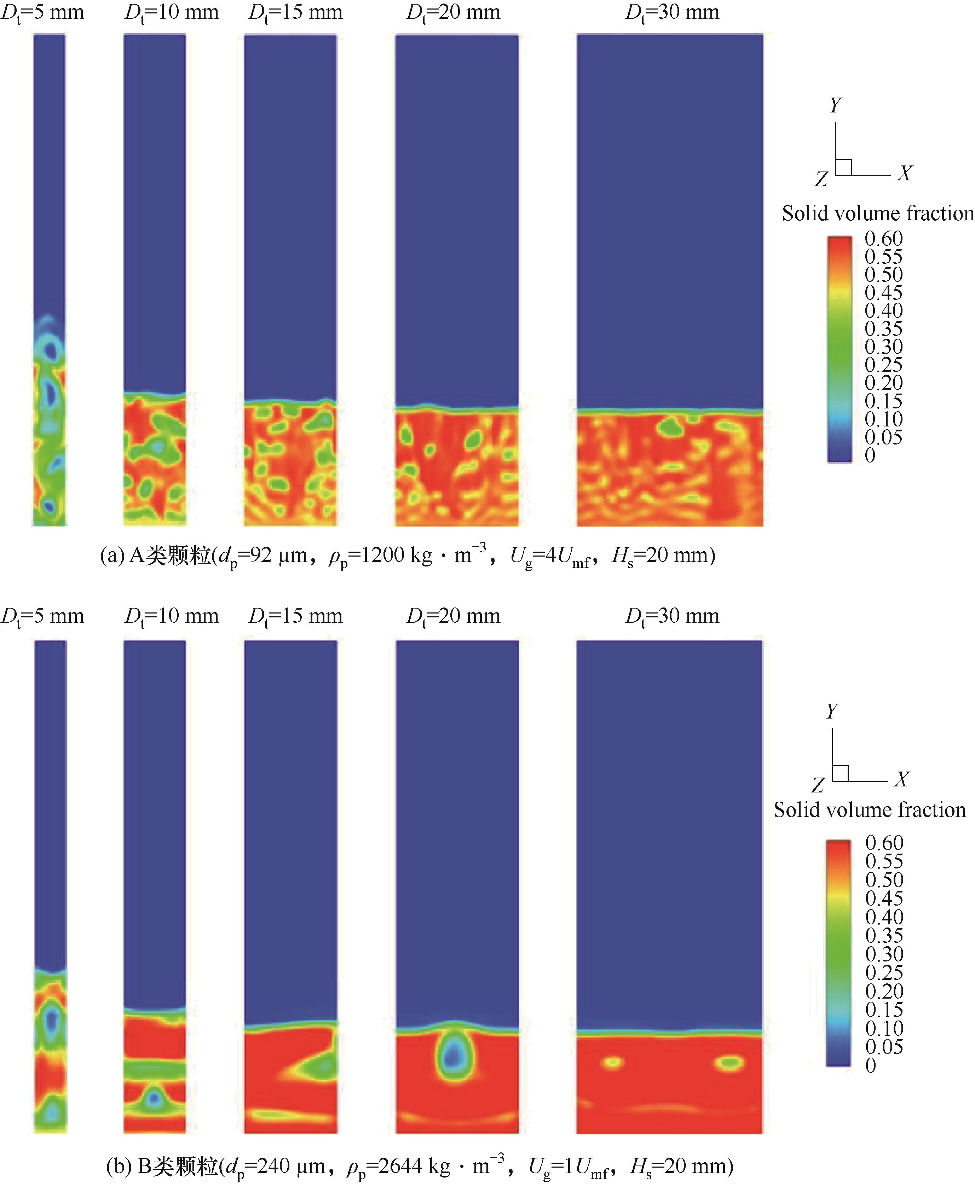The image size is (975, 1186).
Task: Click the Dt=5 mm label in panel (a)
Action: tap(43, 12)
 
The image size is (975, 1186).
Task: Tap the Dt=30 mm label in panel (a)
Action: tap(672, 12)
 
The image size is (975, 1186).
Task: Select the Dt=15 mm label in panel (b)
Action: tap(295, 616)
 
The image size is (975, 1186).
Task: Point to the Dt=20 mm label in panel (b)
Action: tap(453, 616)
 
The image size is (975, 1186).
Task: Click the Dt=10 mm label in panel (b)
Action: tap(171, 616)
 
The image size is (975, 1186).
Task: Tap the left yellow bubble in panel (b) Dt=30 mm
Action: tap(612, 1062)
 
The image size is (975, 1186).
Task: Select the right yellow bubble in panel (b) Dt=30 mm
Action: tap(729, 1062)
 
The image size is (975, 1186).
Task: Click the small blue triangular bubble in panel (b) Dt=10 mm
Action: tap(153, 1098)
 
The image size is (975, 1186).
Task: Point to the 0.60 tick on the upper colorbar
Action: tap(883, 239)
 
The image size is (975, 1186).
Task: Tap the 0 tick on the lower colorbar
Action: tap(871, 1065)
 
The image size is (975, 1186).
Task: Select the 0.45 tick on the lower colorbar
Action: tap(884, 898)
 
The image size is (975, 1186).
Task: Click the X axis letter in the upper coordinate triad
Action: tap(904, 173)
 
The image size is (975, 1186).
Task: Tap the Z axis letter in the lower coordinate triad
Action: tap(818, 785)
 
